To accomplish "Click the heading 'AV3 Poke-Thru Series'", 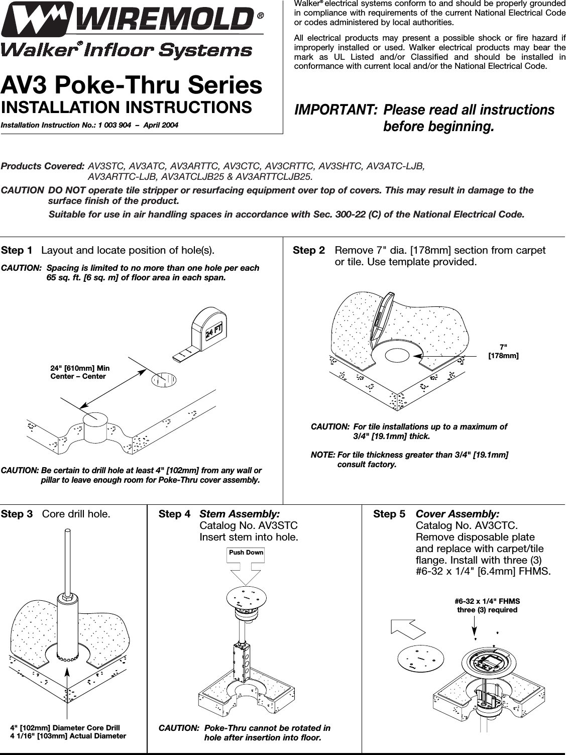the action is (x=132, y=85).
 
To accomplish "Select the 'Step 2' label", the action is (x=308, y=250).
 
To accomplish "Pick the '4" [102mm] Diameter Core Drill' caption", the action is (x=65, y=727).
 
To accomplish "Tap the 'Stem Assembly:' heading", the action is (x=240, y=514).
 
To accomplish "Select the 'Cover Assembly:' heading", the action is (x=458, y=514).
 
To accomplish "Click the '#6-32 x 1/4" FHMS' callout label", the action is (x=487, y=601).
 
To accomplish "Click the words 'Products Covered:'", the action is (x=43, y=166).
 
